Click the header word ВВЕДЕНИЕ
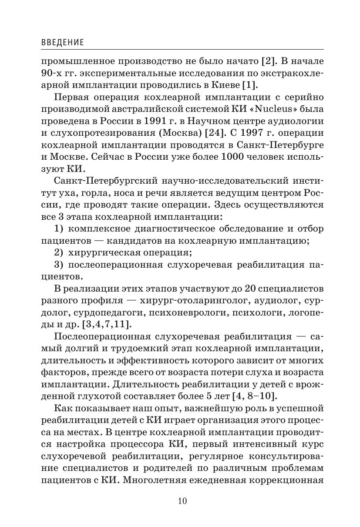point(62,43)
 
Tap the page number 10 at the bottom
point(182,501)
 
